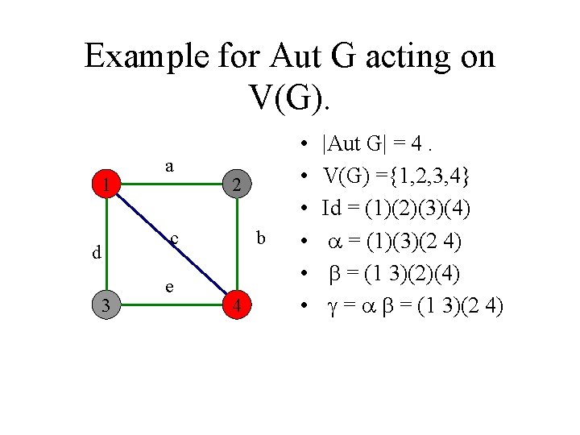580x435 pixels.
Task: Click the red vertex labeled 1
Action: pyautogui.click(x=106, y=185)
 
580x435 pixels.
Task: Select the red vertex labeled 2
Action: pyautogui.click(x=235, y=185)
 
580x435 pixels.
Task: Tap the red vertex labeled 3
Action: pyautogui.click(x=106, y=304)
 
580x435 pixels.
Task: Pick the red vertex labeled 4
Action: pyautogui.click(x=236, y=305)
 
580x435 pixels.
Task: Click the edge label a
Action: pyautogui.click(x=169, y=165)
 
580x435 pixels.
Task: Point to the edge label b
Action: pyautogui.click(x=259, y=238)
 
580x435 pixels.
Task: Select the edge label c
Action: pyautogui.click(x=174, y=238)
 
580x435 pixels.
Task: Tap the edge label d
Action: pyautogui.click(x=96, y=252)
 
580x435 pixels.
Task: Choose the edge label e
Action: pyautogui.click(x=168, y=286)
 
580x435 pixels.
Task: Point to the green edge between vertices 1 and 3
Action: pyautogui.click(x=106, y=245)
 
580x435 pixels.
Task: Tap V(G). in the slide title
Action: pyautogui.click(x=290, y=97)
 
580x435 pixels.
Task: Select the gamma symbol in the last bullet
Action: pyautogui.click(x=331, y=306)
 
